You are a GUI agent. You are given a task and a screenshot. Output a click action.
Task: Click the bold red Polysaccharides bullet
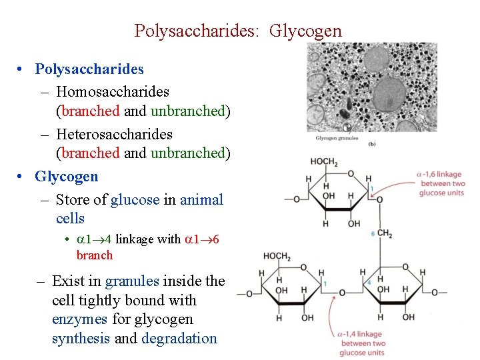tap(89, 69)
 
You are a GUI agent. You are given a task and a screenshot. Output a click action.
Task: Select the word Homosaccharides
tap(113, 91)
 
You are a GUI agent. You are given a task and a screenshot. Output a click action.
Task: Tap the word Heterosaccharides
tap(114, 134)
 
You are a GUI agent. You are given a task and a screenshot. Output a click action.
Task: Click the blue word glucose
tap(135, 199)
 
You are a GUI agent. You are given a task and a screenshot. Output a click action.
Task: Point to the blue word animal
tap(202, 199)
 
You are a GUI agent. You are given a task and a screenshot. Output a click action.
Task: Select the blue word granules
tap(131, 281)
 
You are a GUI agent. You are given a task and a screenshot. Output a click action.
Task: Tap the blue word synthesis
tap(81, 339)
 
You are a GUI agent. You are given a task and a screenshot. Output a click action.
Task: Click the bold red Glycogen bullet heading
tap(67, 177)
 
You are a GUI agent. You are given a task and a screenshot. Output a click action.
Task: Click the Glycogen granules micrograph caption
tap(337, 139)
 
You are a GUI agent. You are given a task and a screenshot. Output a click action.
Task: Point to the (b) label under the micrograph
tap(371, 143)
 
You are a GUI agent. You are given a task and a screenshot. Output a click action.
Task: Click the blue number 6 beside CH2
tap(372, 233)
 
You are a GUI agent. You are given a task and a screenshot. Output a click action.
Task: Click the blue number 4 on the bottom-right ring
tap(369, 283)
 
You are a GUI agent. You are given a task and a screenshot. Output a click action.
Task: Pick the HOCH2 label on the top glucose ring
tap(325, 163)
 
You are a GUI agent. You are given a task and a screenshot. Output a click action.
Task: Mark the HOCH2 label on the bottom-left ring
tap(277, 256)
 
